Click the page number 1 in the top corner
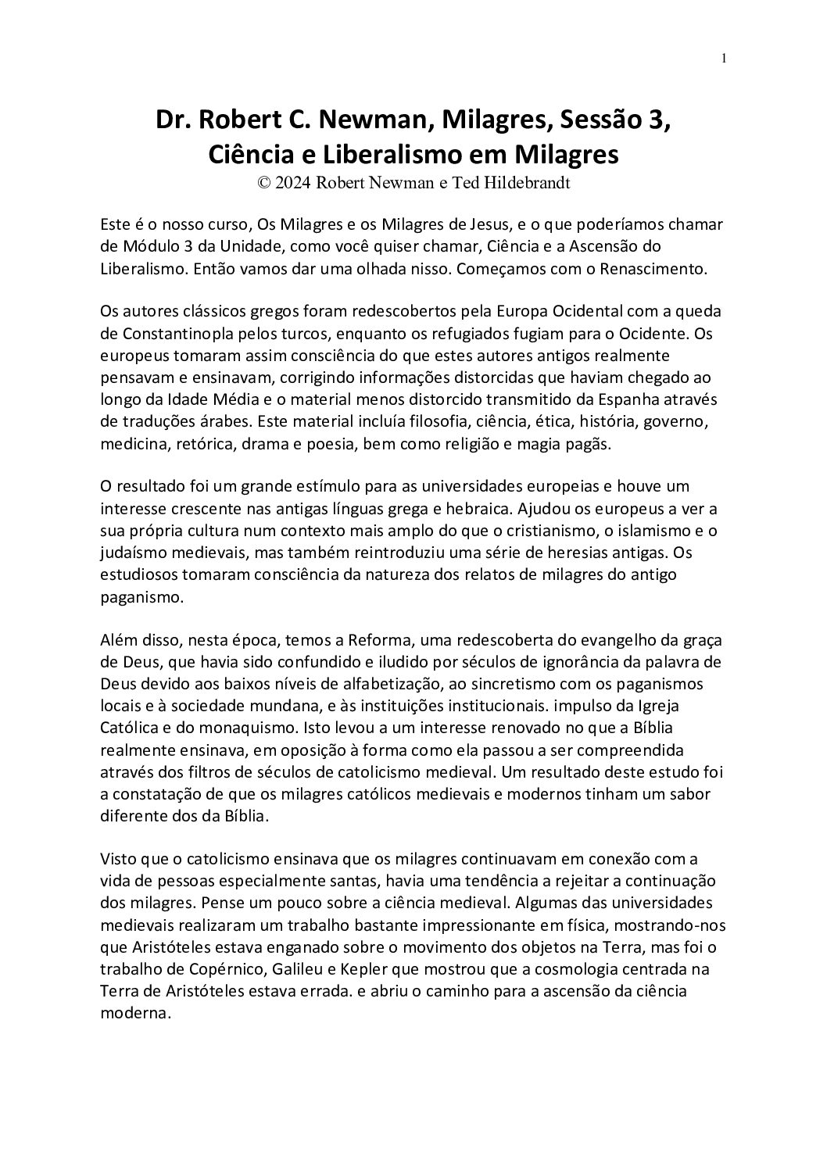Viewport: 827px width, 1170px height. click(725, 58)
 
